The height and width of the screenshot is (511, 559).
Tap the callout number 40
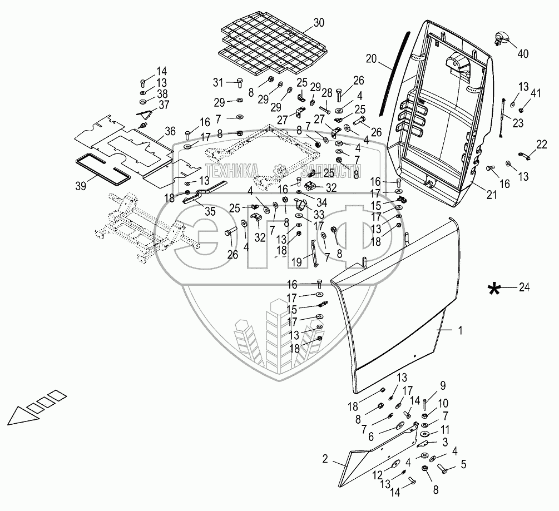click(x=523, y=54)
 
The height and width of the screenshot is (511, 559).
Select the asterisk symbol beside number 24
click(x=493, y=287)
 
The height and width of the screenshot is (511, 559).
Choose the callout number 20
click(x=371, y=58)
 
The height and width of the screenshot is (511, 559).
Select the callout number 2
click(x=325, y=459)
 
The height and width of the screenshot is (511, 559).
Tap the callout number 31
click(x=218, y=82)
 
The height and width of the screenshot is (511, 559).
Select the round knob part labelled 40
click(x=501, y=39)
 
